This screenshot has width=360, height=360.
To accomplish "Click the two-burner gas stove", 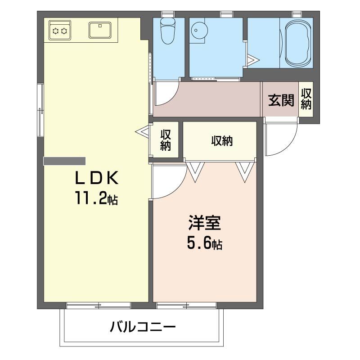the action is point(60,31).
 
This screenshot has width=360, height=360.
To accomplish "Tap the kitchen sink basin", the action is point(100,30).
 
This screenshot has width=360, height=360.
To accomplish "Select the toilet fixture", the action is point(168,31).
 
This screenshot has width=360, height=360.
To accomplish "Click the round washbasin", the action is point(199,30).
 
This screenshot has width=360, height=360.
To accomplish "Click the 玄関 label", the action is point(281,100).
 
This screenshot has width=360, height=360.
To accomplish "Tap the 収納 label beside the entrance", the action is point(306,99).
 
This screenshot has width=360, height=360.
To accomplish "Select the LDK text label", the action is point(97,178).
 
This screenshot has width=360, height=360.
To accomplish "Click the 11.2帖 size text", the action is point(96,198).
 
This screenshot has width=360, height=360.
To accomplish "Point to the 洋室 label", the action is point(205,223).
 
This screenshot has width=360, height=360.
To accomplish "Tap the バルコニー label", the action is point(143,327).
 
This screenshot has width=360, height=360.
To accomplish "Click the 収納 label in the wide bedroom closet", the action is point(222,141).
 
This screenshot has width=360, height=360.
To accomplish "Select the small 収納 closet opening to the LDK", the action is point(166,140).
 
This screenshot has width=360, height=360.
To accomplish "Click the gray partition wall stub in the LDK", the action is point(64,161).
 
